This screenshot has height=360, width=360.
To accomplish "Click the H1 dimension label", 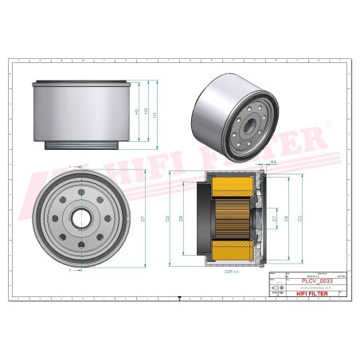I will [155, 114].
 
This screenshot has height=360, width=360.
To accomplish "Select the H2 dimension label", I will [146, 112].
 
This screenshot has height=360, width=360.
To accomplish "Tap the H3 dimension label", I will [137, 112].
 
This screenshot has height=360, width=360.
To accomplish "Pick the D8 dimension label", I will [181, 217].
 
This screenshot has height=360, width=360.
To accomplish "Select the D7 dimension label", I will [275, 217].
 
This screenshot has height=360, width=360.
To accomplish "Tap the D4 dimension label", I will [286, 217].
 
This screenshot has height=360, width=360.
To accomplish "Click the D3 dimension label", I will [299, 217].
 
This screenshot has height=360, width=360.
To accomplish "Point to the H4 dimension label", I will [273, 162].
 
